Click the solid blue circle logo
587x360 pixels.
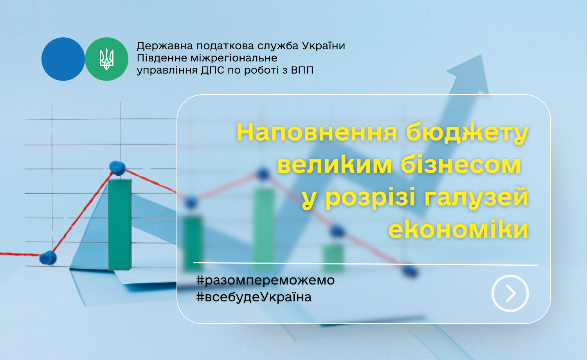(x=63, y=59)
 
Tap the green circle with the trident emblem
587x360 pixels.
(x=107, y=59)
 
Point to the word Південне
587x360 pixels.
(x=160, y=58)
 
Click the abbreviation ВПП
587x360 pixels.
(x=302, y=70)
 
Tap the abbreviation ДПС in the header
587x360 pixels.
(x=212, y=70)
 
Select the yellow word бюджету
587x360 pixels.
(x=467, y=133)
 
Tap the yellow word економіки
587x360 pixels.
(x=458, y=229)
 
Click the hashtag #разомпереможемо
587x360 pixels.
(x=265, y=280)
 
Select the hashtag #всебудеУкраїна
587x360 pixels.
(x=254, y=297)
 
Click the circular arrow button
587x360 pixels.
(x=510, y=293)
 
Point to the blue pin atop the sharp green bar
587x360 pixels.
(x=117, y=168)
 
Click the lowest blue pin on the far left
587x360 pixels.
(x=48, y=258)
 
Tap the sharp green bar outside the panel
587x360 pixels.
(x=120, y=224)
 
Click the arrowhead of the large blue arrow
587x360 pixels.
(x=469, y=73)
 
